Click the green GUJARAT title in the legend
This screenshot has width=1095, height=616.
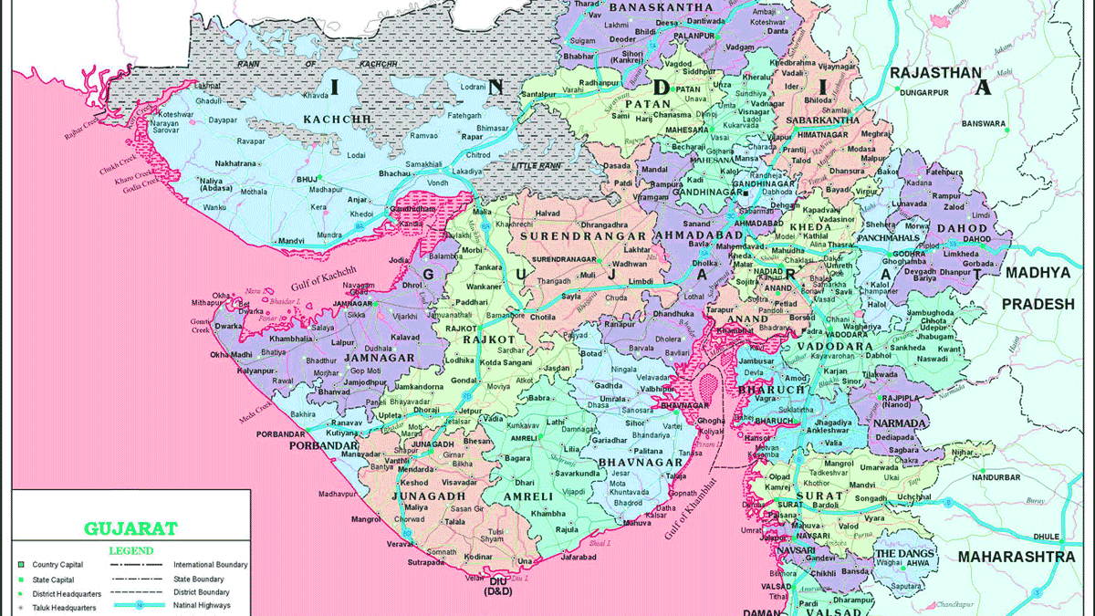[130, 527]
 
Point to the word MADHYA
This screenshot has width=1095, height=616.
[1038, 273]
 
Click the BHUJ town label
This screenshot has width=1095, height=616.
[305, 181]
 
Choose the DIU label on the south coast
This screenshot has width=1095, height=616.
[497, 580]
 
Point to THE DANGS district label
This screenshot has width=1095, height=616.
[904, 553]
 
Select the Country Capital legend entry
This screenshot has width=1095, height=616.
[58, 565]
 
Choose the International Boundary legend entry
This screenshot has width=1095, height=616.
[210, 565]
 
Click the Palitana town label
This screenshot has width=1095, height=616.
[647, 451]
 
